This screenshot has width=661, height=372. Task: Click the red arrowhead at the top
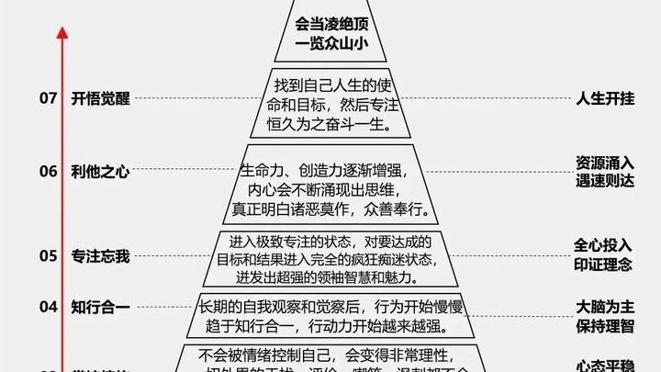(x=62, y=33)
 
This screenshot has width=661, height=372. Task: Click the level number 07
(x=48, y=98)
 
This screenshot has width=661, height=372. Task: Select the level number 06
(x=48, y=171)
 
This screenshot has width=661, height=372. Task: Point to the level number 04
(x=48, y=307)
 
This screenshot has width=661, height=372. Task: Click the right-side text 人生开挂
(x=605, y=98)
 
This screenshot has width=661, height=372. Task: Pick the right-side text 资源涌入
(x=605, y=162)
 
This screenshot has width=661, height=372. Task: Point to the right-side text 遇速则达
(x=605, y=180)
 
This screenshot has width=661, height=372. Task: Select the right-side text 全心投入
(x=605, y=246)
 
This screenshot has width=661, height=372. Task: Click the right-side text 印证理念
(x=605, y=265)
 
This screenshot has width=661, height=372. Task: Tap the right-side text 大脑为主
(x=605, y=306)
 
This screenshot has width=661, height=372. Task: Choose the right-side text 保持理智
(x=605, y=325)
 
